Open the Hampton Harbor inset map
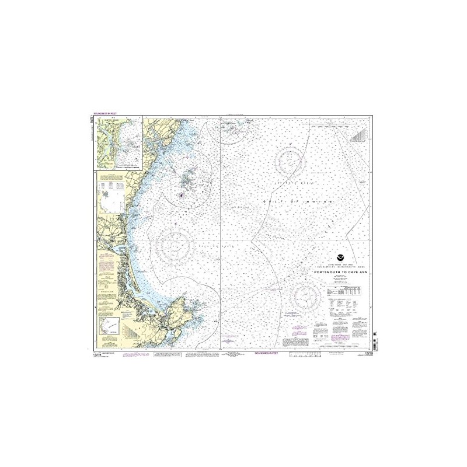(x=120, y=143)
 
